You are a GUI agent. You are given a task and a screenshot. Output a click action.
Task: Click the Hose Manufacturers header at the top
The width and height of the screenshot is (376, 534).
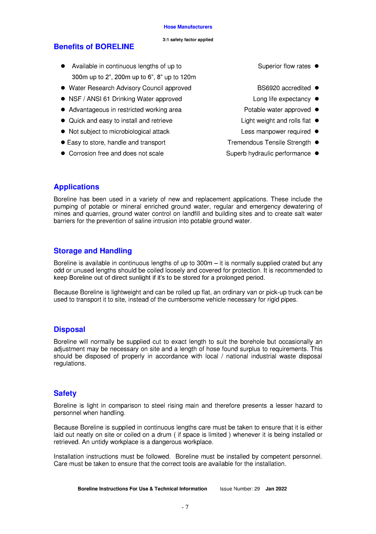tap(188, 27)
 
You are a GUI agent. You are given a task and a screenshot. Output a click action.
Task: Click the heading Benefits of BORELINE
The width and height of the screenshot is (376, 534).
tap(94, 47)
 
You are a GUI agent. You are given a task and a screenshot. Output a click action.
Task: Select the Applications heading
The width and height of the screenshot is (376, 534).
tap(76, 187)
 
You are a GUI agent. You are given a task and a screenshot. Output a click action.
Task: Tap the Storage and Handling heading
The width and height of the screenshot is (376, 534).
tap(93, 251)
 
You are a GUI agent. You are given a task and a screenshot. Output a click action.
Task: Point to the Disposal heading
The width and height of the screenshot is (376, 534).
tap(69, 329)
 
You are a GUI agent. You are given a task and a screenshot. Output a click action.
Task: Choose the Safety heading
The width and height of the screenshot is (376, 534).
tap(65, 393)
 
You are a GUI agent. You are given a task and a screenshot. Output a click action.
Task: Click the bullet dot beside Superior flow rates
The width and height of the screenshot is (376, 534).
tap(317, 66)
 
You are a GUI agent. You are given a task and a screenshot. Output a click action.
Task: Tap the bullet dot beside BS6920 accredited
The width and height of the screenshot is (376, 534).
tap(317, 88)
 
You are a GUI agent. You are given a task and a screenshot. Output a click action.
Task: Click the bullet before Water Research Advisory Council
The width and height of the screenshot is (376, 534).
tap(63, 88)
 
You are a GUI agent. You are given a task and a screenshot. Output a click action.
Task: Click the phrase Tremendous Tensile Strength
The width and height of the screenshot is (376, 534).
tap(269, 142)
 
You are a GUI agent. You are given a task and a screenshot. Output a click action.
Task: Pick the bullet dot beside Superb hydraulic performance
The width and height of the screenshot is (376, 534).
tap(317, 153)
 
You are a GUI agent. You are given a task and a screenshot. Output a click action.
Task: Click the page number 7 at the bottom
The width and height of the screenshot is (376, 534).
tap(187, 507)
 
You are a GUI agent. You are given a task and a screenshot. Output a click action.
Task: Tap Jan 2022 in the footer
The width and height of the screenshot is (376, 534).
tap(276, 489)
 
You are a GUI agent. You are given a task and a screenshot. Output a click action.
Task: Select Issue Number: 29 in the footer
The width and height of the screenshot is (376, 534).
tap(240, 489)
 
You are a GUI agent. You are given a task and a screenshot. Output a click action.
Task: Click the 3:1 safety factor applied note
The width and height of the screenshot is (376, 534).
tap(188, 40)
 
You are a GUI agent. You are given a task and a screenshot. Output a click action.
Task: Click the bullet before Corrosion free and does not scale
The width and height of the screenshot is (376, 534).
tap(63, 153)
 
